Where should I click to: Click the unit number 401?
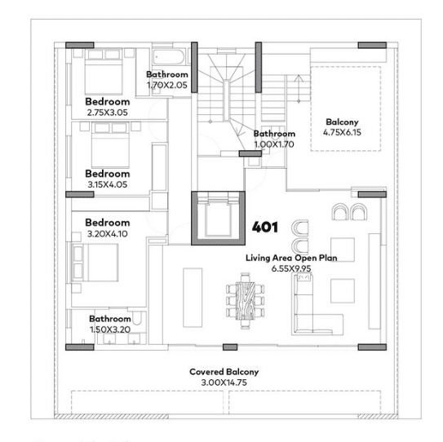[x=264, y=227]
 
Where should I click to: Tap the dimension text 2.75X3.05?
[x=108, y=113]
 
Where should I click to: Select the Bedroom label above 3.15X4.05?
[x=108, y=174]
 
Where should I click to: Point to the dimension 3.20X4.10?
[x=108, y=234]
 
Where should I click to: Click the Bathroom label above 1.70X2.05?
[x=167, y=74]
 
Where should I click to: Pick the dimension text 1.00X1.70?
[x=274, y=144]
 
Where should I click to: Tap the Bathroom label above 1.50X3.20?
[x=110, y=319]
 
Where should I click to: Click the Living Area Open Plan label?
[x=291, y=258]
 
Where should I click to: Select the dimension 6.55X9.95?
[x=291, y=268]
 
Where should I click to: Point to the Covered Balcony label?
[x=224, y=372]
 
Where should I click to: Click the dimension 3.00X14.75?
[x=224, y=382]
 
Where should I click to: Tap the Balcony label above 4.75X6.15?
[x=342, y=122]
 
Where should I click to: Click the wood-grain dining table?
[x=246, y=300]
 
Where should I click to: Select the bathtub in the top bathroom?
[x=169, y=57]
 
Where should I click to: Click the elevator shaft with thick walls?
[x=218, y=218]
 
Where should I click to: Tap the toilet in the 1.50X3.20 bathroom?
[x=137, y=318]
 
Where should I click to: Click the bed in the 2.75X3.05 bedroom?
[x=104, y=72]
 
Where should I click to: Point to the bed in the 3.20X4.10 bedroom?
[x=95, y=263]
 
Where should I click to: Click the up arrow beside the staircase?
[x=299, y=88]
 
